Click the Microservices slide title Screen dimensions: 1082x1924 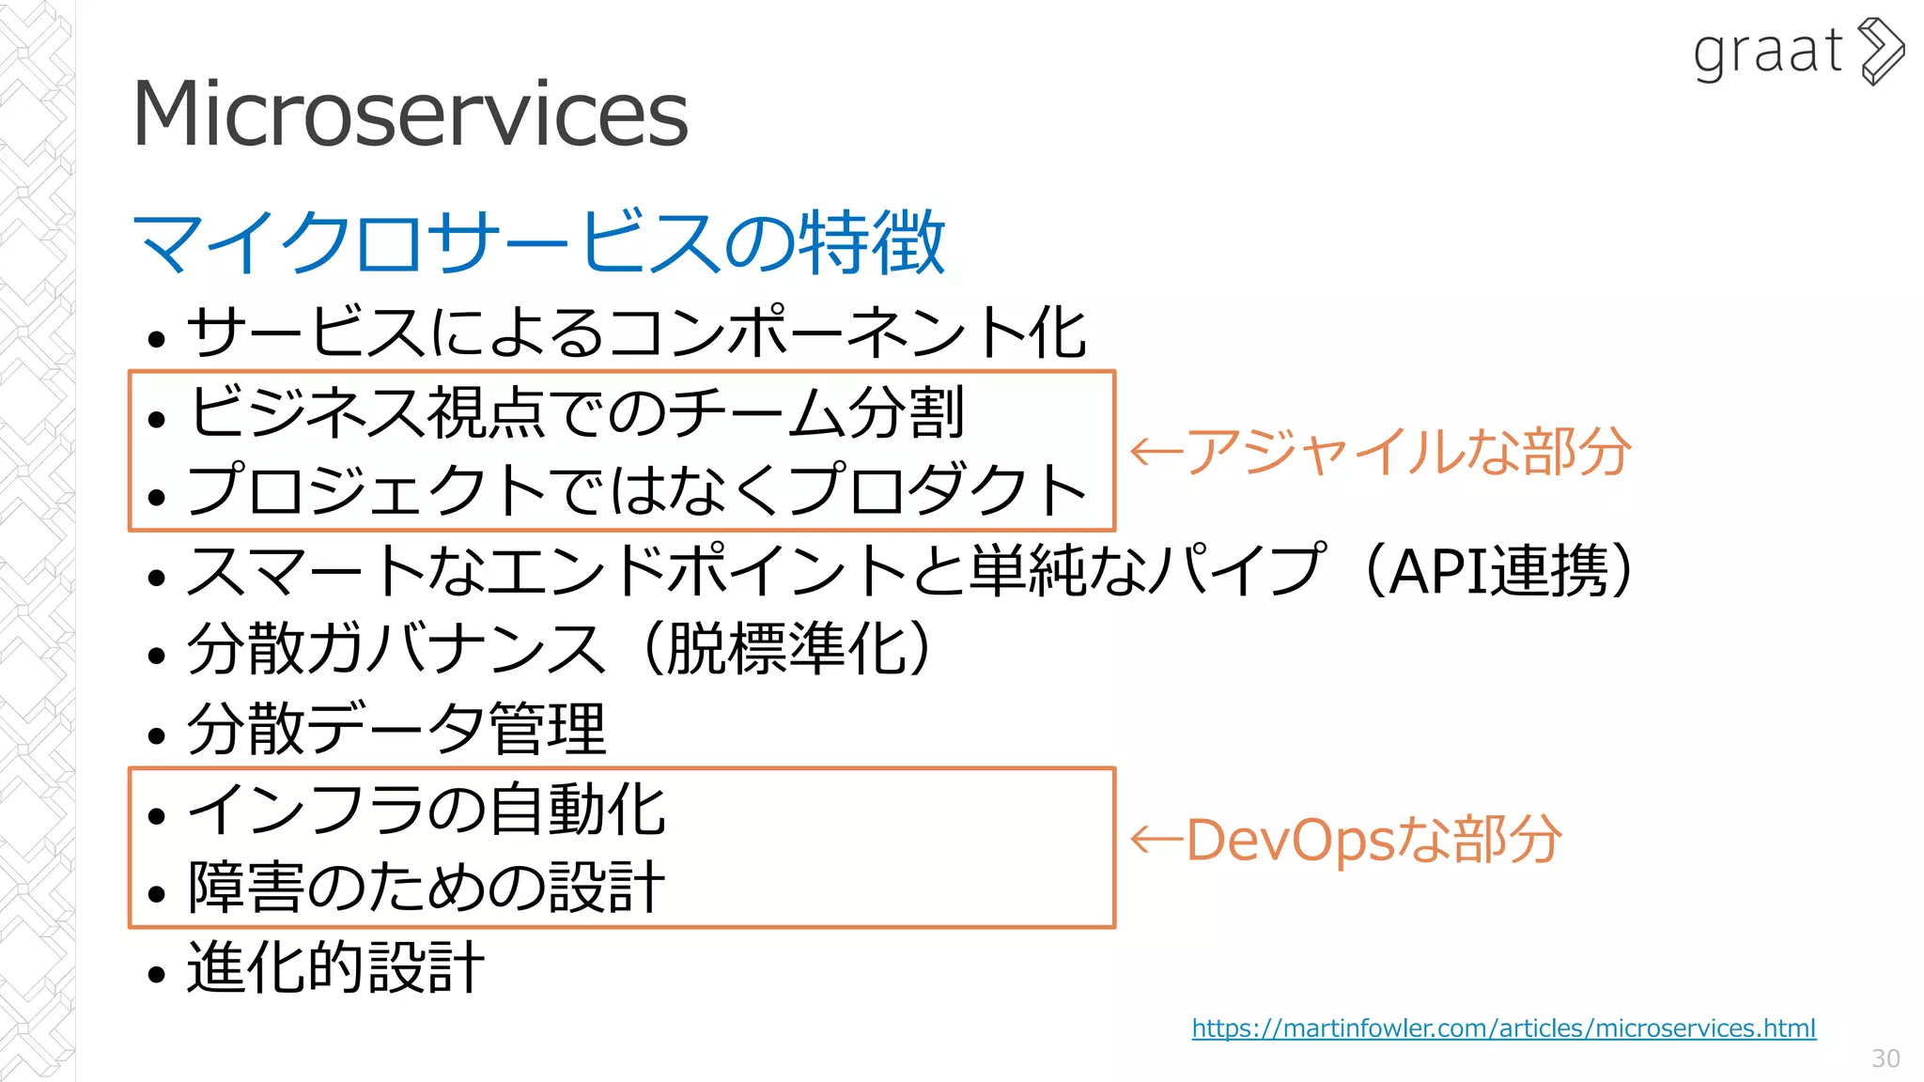tap(411, 115)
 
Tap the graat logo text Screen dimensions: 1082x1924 tap(1767, 52)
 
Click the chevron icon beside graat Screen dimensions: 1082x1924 tap(1882, 52)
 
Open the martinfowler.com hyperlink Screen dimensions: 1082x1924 tap(1503, 1028)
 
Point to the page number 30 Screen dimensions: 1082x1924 tap(1885, 1059)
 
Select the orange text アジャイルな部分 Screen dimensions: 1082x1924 tap(1406, 452)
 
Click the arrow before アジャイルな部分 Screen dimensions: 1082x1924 tap(1155, 452)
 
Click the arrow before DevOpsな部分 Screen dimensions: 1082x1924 tap(1155, 839)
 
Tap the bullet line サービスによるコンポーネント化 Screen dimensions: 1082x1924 tap(636, 332)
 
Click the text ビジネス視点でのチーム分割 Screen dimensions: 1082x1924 tap(576, 412)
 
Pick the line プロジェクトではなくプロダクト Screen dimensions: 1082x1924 tap(636, 490)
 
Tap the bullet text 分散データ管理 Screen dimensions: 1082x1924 tap(396, 729)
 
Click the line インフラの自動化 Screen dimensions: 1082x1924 tap(427, 809)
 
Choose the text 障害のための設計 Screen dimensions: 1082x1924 tap(427, 887)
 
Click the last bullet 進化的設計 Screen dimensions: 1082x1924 tap(335, 967)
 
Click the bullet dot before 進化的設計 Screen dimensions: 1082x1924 tap(156, 974)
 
